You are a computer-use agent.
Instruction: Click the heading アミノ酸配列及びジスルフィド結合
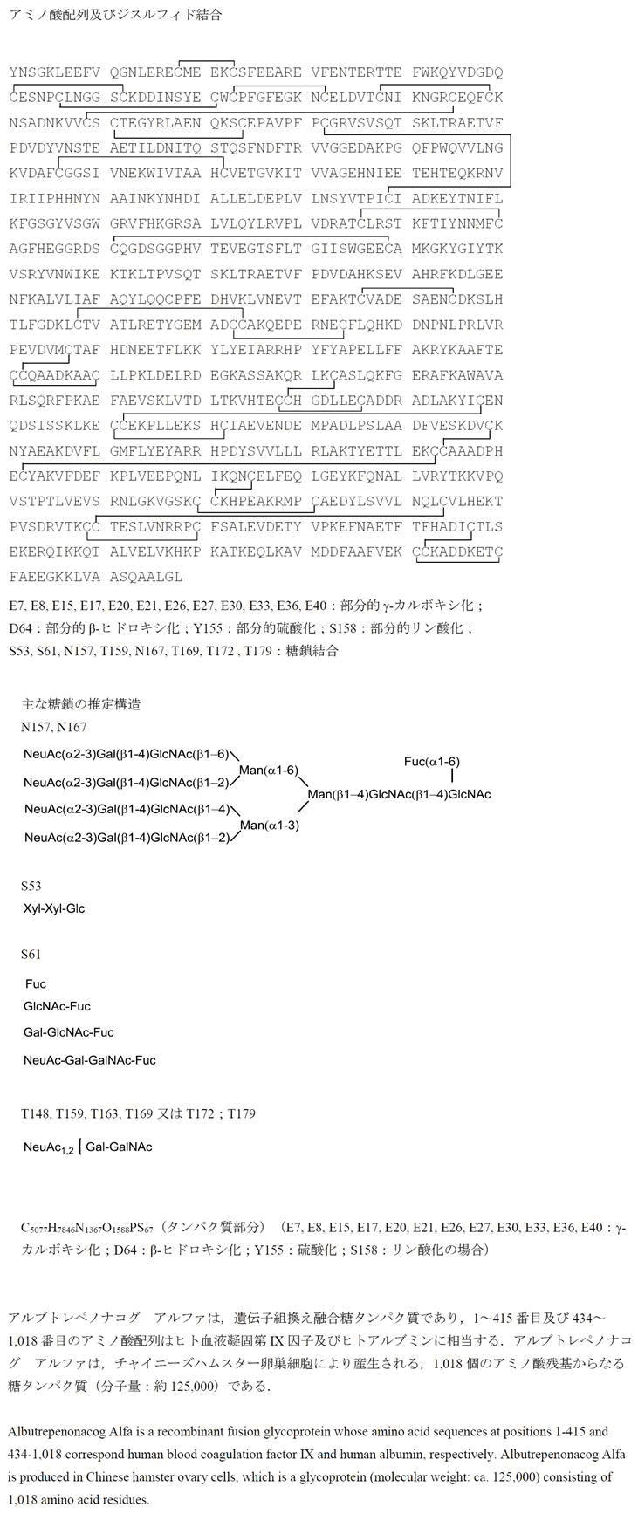coord(115,15)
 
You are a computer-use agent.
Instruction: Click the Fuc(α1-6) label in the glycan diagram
coord(431,762)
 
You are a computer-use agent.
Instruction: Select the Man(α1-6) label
coord(269,770)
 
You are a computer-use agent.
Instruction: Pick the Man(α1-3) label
coord(269,825)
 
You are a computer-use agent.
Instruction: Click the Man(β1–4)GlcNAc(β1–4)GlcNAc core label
coord(399,794)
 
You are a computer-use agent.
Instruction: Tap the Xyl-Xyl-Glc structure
coord(54,908)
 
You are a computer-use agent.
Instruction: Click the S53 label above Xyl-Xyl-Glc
coord(31,886)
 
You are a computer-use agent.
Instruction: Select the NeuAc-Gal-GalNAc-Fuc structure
coord(90,1060)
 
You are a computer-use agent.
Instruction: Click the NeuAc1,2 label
coord(48,1147)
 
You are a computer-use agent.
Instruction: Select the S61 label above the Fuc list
coord(31,955)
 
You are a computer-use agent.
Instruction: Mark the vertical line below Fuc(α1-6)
coord(451,776)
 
